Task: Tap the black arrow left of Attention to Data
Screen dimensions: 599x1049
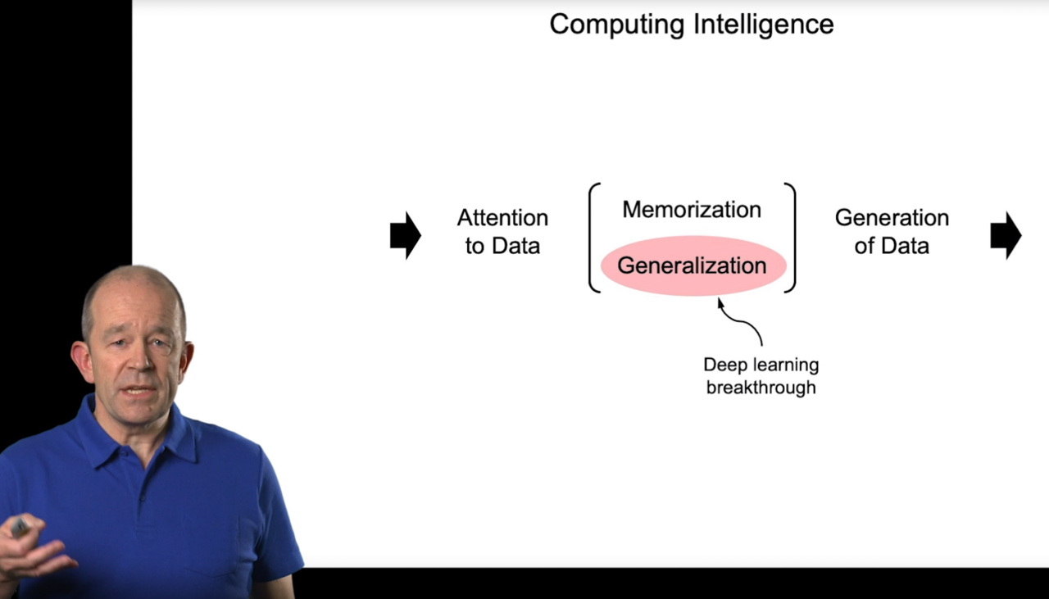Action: tap(405, 235)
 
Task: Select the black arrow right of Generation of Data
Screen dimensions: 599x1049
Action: tap(1006, 235)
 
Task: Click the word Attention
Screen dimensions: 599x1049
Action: tap(502, 218)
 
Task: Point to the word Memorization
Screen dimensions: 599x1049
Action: tap(692, 209)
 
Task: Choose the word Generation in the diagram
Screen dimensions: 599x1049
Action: tap(892, 218)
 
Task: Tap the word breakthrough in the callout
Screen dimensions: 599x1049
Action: tap(761, 387)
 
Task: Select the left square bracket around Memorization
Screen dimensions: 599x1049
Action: tap(593, 237)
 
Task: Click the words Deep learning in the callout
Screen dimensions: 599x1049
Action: tap(761, 365)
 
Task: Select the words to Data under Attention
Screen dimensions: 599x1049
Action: tap(502, 246)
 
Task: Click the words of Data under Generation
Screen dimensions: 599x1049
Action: tap(892, 246)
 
